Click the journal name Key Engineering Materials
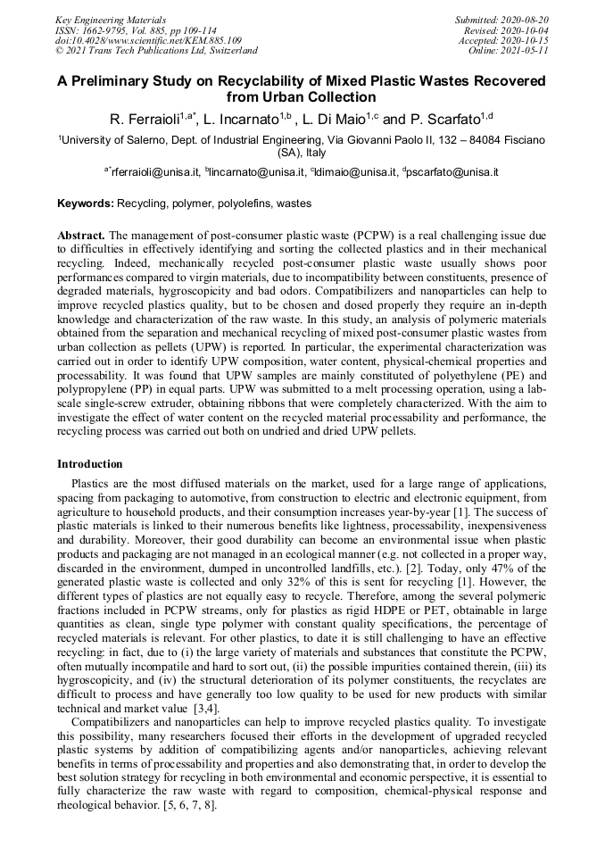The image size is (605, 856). tap(111, 19)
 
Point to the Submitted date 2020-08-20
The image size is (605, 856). tap(501, 19)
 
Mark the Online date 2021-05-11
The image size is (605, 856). tap(509, 51)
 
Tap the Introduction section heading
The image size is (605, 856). tap(90, 464)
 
